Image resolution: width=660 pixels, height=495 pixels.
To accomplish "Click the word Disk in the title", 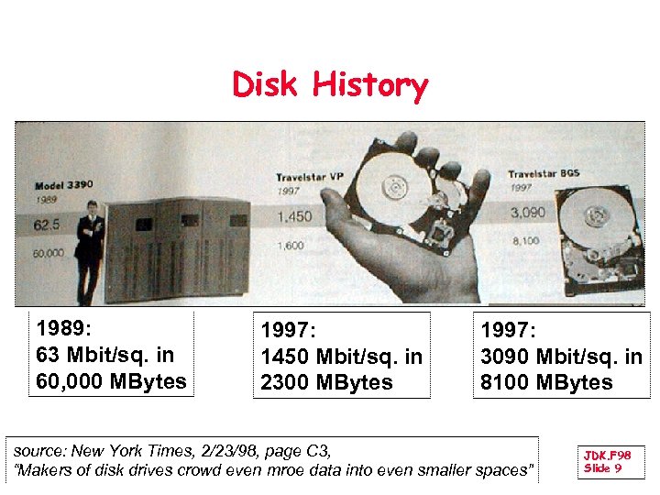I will pos(267,85).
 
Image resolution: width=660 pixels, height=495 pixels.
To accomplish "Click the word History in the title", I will pos(369,86).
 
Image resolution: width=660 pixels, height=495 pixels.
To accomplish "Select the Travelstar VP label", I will pos(310,176).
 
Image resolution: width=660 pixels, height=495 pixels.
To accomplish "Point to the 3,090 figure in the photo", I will pos(527,213).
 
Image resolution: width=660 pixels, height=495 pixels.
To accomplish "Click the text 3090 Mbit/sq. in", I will pos(561,357).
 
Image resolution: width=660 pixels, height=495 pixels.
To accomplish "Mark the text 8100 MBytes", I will pos(546,382).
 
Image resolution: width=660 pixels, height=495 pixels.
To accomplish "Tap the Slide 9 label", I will pos(603,468).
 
